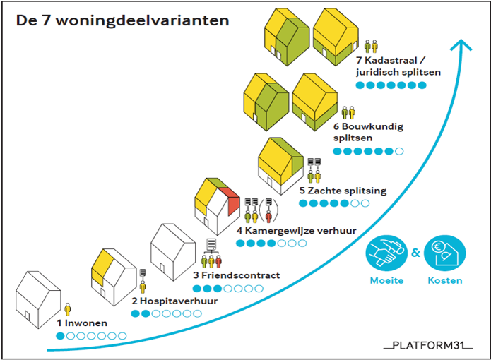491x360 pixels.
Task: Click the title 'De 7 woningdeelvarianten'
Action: pos(122,20)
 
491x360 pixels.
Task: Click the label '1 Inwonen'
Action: pos(83,323)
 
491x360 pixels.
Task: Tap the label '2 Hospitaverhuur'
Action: pos(165,301)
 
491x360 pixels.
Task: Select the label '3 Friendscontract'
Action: pos(236,275)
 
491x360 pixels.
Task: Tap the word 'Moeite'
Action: pos(386,280)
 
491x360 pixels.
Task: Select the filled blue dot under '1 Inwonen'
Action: pos(61,336)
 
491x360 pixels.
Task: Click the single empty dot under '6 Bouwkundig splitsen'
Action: pos(400,151)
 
